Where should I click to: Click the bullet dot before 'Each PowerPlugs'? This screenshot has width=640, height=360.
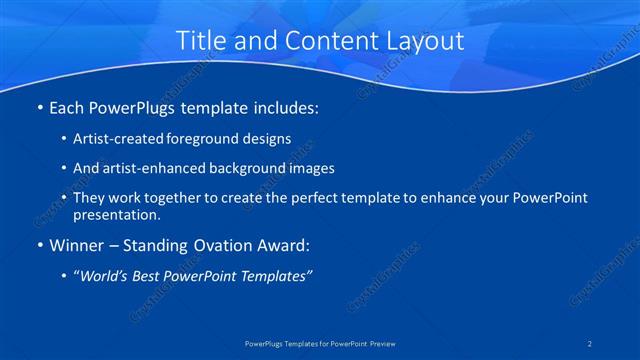pos(39,105)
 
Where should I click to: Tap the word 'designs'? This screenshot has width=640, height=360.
pos(269,138)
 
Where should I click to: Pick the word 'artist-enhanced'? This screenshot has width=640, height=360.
pos(154,168)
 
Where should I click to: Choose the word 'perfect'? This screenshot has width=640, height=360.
pos(318,198)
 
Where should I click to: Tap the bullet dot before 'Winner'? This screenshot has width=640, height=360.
pos(39,245)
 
